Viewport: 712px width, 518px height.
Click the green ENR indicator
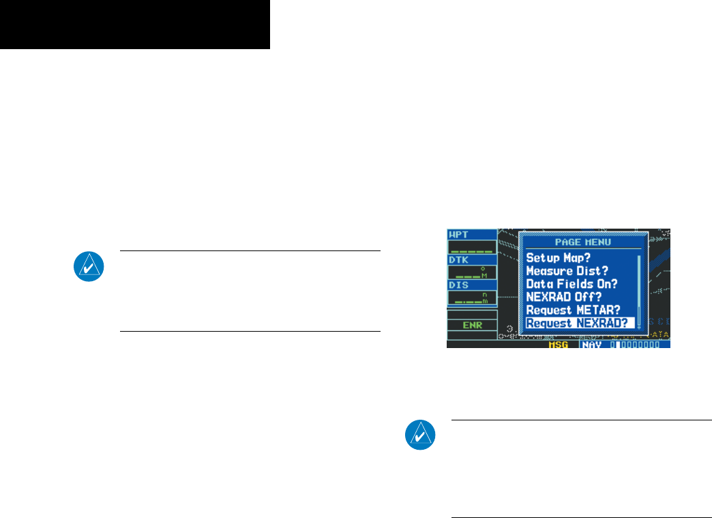[x=473, y=325]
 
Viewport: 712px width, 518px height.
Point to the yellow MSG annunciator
[x=563, y=345]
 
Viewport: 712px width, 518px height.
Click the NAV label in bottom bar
[x=593, y=345]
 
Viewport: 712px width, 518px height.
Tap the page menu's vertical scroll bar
[x=639, y=290]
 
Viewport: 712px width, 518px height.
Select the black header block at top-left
[x=135, y=25]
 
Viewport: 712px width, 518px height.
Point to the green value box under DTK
[x=472, y=272]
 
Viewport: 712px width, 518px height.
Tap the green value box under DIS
[x=472, y=298]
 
